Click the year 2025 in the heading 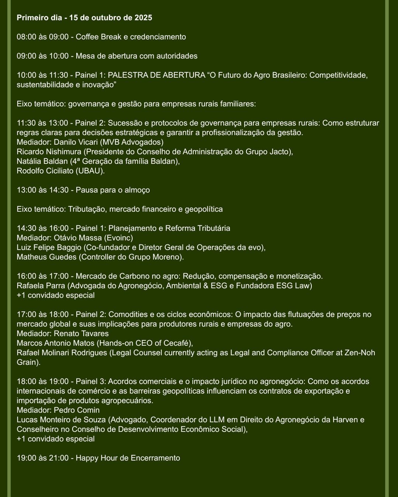coord(143,18)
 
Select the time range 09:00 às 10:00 coord(43,56)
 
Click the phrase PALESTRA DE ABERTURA coord(156,75)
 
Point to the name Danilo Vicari coord(76,142)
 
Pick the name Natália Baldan coord(42,161)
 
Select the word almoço coord(137,190)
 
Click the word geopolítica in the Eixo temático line coord(203,209)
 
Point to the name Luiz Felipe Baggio coord(49,247)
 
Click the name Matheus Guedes coord(46,257)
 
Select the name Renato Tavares coord(81,334)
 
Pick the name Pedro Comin coord(77,410)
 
